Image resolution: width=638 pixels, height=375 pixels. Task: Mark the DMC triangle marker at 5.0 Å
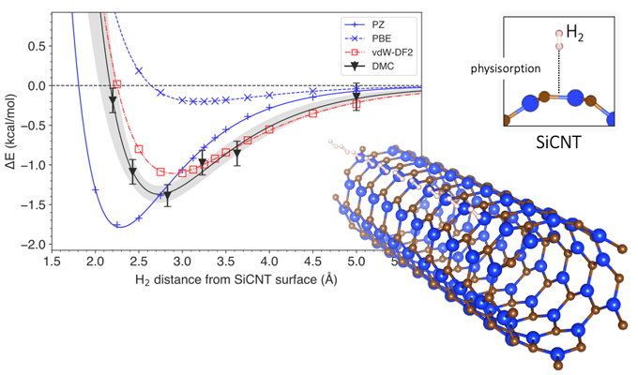pos(357,97)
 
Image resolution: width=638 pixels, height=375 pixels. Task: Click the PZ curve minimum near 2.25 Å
pos(117,225)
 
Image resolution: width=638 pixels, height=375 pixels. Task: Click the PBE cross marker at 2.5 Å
pos(139,70)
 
